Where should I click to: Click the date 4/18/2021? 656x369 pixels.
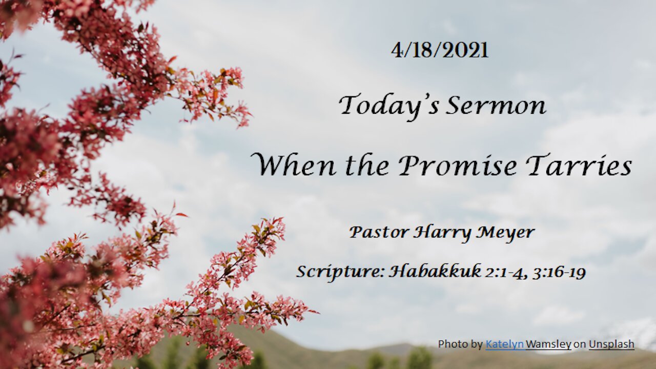click(440, 50)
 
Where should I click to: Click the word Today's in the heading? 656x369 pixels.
click(389, 106)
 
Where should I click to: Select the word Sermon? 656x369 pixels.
click(496, 106)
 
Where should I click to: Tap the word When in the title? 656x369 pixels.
click(294, 165)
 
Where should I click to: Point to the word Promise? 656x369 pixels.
click(458, 165)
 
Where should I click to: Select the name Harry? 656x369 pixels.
click(442, 233)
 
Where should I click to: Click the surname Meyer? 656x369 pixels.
click(505, 233)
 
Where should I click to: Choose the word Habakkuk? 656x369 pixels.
click(435, 271)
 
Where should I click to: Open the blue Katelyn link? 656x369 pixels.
click(505, 344)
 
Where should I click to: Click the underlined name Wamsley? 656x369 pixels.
click(548, 344)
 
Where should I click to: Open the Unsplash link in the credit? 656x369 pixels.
click(611, 344)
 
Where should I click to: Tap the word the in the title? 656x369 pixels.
click(367, 165)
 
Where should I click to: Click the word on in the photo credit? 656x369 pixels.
click(580, 345)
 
